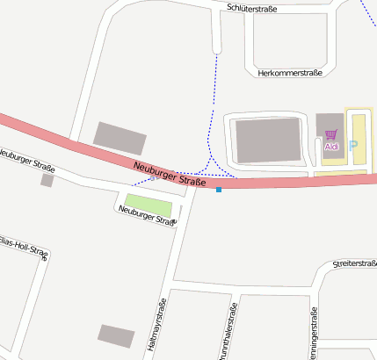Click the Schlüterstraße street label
(x=252, y=8)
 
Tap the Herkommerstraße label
(x=291, y=74)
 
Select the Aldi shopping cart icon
(x=331, y=135)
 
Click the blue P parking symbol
(x=354, y=146)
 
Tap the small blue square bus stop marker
(x=219, y=190)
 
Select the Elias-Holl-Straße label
(x=25, y=246)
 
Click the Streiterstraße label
(x=353, y=263)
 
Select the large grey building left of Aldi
(x=268, y=140)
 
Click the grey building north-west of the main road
(x=120, y=139)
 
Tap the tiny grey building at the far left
(x=47, y=180)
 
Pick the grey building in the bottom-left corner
(x=116, y=335)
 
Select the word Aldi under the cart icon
(x=331, y=147)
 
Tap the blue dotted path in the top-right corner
(x=367, y=12)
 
